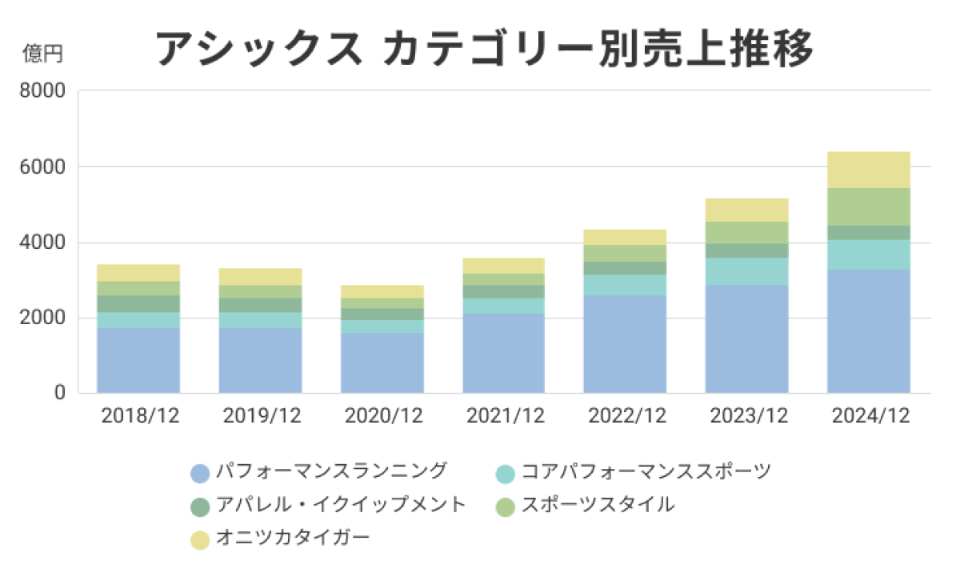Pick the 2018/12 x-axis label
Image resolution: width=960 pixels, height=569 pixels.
coord(138,415)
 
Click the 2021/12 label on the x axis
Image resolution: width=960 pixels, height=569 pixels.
coord(504,415)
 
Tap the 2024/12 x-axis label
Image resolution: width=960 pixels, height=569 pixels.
coord(870,415)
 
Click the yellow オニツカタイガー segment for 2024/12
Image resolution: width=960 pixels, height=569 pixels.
coord(870,170)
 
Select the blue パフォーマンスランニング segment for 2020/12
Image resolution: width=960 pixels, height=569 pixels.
coord(382,363)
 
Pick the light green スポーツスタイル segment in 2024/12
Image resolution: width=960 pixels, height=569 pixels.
coord(870,206)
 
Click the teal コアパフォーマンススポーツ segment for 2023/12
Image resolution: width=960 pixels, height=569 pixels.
coord(747,271)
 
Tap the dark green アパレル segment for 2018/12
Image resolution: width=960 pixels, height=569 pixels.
coord(138,304)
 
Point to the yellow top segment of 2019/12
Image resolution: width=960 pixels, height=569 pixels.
coord(260,277)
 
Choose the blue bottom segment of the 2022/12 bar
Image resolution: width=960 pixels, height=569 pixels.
coord(626,344)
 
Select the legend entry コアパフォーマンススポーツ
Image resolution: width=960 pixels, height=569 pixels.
coord(646,471)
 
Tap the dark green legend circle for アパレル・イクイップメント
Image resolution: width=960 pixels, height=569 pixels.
coord(200,507)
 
